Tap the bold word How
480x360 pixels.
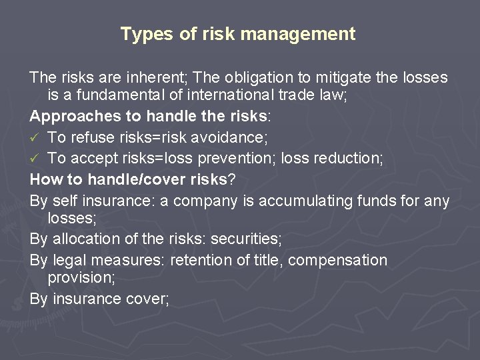45,179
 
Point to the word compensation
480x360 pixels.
338,260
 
